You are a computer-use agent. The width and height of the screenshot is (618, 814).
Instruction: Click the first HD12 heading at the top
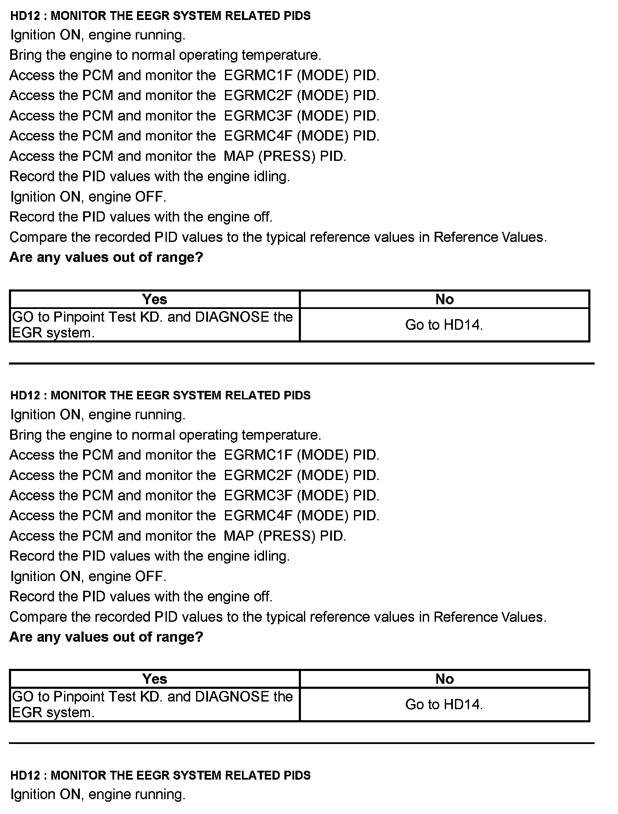[160, 16]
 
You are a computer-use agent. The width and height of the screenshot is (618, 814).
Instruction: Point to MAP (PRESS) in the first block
[269, 156]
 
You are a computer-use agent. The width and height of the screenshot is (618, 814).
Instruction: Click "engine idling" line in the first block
[149, 177]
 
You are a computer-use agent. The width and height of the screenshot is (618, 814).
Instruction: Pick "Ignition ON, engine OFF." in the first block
[88, 197]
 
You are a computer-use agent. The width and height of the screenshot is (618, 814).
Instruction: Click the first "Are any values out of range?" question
[106, 257]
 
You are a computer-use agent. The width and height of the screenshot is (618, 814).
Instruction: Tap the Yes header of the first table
[154, 300]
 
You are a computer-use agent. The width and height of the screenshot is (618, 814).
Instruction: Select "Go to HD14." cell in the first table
[444, 325]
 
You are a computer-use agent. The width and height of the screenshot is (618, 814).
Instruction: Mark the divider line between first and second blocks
[301, 364]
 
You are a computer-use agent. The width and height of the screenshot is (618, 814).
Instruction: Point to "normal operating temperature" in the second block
[226, 435]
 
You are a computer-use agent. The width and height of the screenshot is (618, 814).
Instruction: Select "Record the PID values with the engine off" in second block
[141, 597]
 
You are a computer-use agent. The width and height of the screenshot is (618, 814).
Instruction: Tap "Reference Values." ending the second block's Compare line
[490, 617]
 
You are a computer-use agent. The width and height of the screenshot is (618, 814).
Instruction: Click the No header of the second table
[444, 679]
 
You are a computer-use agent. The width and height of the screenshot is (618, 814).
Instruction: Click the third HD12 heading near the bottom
[160, 775]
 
